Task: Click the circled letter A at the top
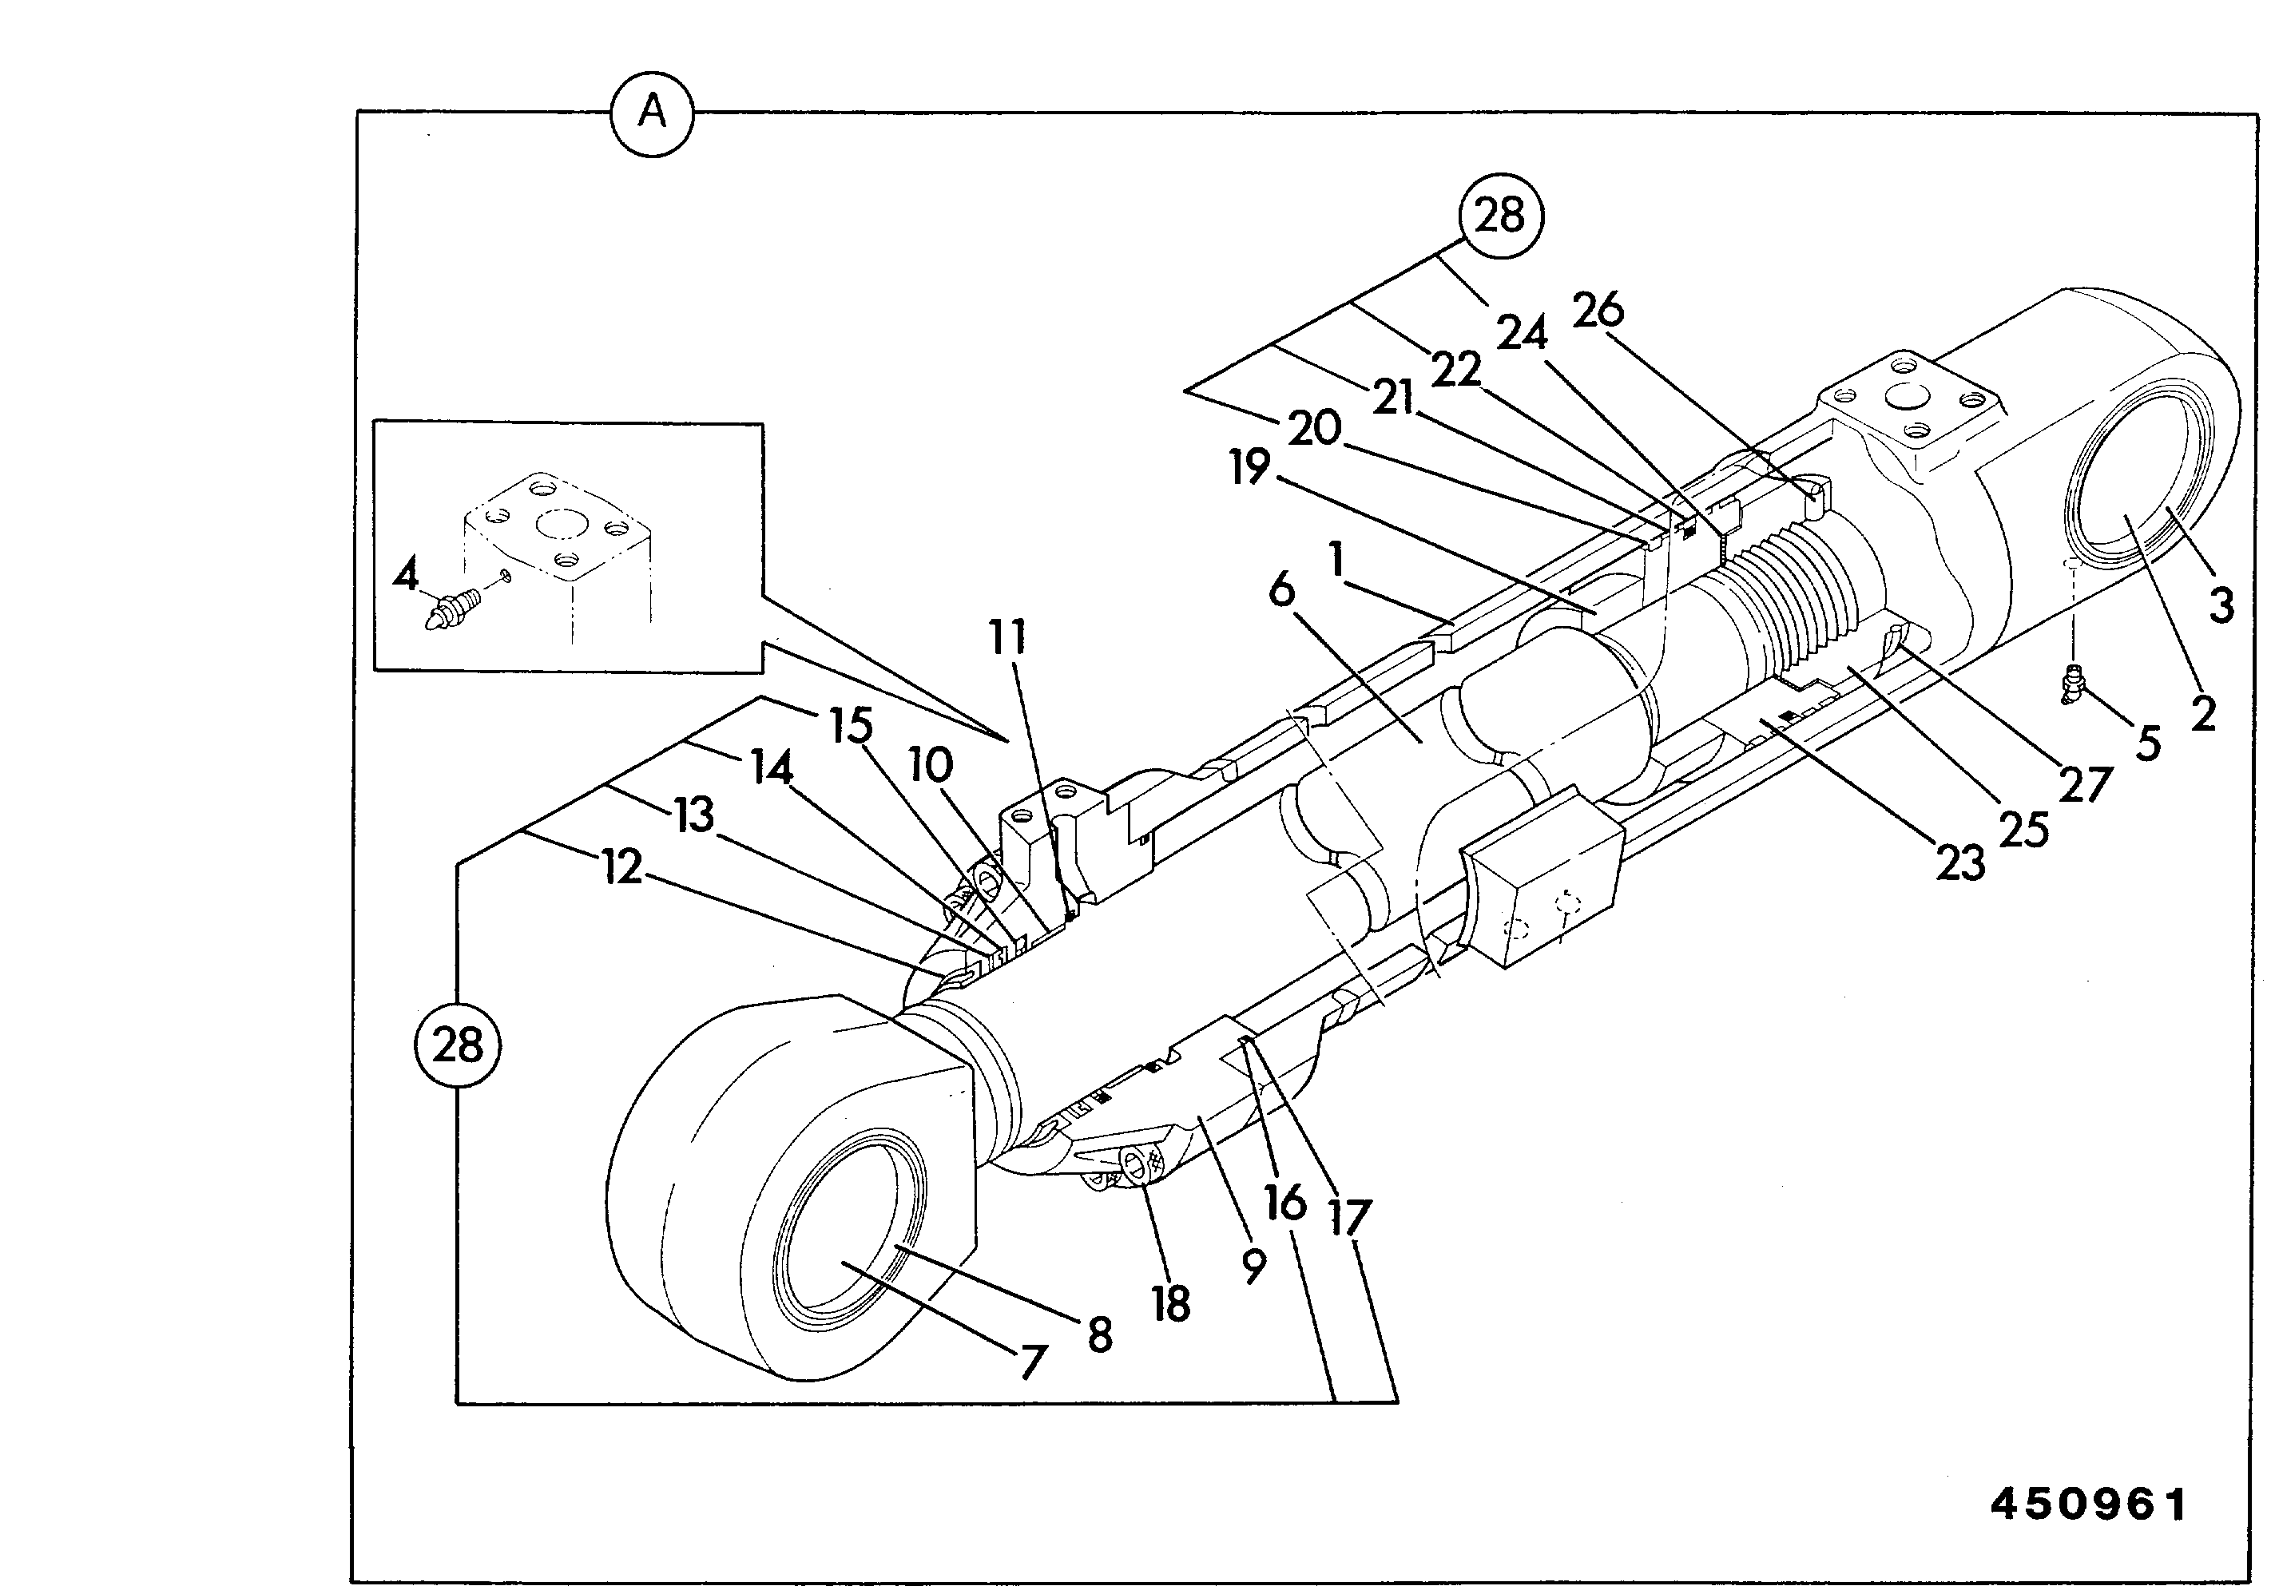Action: (651, 113)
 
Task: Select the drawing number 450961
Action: (2089, 1505)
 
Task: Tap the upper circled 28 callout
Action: (1499, 215)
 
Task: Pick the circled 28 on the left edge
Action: (457, 1045)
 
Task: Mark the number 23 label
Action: (1960, 864)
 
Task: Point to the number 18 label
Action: (1170, 1305)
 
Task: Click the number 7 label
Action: (1033, 1363)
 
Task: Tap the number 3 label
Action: (2221, 605)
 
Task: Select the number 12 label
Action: (621, 868)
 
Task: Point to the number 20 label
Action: (1314, 429)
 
